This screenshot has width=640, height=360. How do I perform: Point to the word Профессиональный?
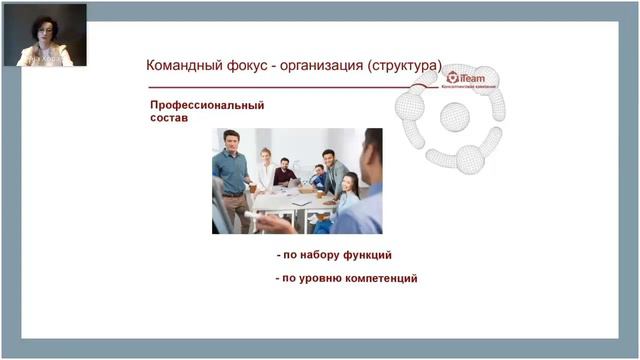pos(207,104)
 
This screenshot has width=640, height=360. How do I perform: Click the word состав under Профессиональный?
pos(170,118)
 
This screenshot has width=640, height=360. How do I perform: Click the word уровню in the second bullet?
pos(316,278)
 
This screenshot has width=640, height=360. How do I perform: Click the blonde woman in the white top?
pos(265,168)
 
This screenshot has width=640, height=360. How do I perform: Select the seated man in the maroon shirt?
pos(286,172)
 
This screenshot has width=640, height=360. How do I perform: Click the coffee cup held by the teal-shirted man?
pos(252,187)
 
